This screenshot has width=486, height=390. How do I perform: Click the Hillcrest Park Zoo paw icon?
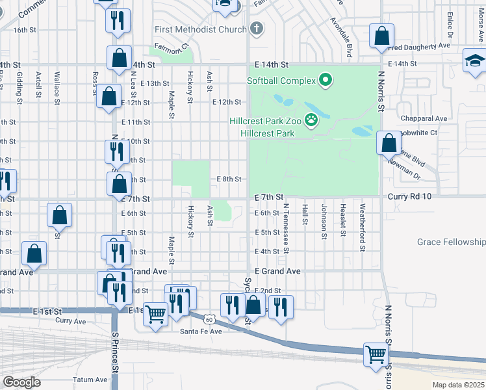[313, 120]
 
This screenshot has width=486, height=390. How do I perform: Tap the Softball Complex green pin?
[326, 81]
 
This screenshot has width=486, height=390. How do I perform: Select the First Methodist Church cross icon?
[257, 29]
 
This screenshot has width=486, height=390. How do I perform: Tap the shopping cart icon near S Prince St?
[156, 315]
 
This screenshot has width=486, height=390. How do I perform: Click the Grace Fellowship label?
[452, 242]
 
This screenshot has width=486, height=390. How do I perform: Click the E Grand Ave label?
[277, 270]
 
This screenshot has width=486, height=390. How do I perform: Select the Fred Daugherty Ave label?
[419, 46]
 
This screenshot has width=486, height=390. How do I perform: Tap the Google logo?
[21, 382]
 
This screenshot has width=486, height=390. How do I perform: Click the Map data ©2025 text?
[459, 385]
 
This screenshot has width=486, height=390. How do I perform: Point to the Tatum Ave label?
[90, 380]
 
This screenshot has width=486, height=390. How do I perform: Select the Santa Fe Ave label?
[201, 331]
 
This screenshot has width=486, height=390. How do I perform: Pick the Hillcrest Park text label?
[267, 133]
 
